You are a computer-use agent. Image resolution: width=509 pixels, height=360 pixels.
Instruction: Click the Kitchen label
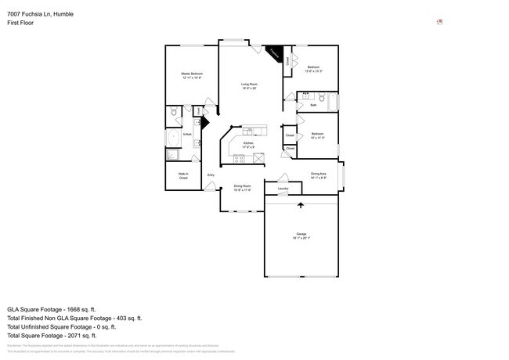(248, 143)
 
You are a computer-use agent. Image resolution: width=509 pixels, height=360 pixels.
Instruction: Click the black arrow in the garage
(301, 206)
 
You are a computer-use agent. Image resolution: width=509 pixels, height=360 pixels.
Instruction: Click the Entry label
(211, 175)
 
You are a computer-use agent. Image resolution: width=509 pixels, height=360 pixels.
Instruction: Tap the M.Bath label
(187, 135)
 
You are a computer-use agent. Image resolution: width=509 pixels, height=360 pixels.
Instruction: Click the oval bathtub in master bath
(174, 139)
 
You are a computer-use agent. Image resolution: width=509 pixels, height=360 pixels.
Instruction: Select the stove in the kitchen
(238, 157)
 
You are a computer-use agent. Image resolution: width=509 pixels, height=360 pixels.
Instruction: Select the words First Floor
(21, 23)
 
